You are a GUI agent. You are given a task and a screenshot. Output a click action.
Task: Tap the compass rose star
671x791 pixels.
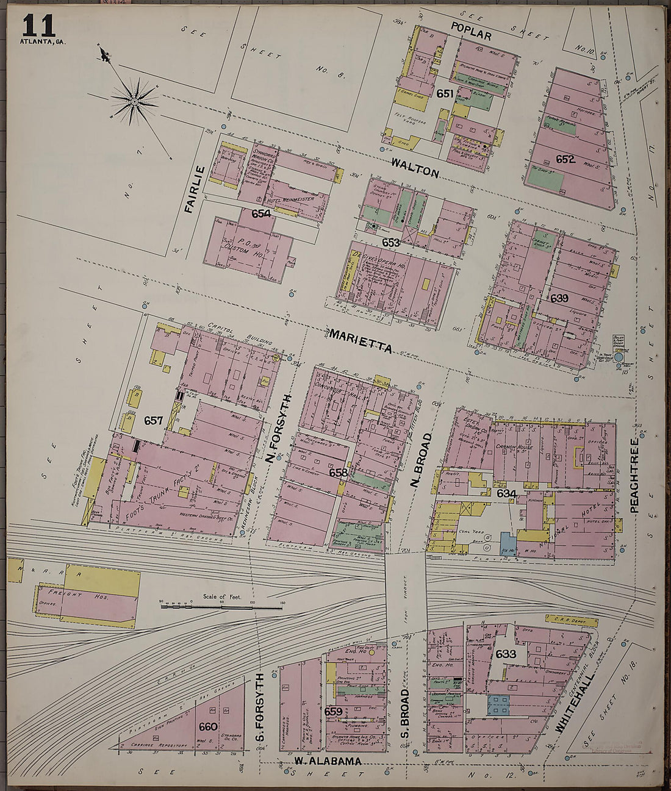tap(133, 99)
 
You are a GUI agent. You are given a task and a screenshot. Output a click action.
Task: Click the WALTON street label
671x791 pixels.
tap(415, 167)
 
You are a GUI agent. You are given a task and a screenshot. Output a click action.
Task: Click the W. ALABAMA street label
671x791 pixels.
tap(328, 761)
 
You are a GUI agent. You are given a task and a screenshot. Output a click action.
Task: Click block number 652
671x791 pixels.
tap(565, 159)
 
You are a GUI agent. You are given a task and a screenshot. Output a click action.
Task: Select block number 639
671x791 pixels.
tap(559, 299)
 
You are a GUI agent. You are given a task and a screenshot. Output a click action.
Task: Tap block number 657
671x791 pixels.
tap(154, 420)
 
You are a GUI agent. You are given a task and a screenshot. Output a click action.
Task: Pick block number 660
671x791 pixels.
tap(207, 726)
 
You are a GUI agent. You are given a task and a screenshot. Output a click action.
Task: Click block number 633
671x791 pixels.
tap(506, 653)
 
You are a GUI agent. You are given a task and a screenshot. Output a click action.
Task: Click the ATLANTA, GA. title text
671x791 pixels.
tap(42, 42)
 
